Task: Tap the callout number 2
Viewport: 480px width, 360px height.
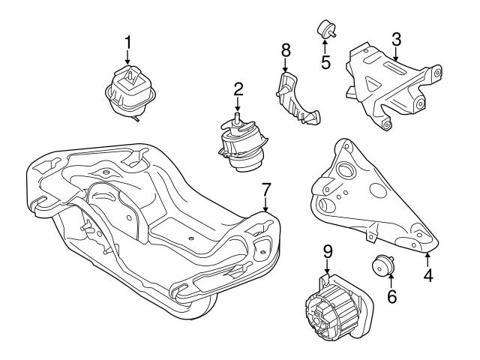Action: (x=238, y=89)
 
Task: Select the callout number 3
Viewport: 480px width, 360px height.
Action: (x=396, y=37)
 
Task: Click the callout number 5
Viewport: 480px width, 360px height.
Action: (x=326, y=61)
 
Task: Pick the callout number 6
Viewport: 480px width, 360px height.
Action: (x=391, y=297)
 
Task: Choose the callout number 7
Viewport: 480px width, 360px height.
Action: (x=265, y=187)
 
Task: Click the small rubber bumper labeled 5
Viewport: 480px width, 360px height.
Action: (x=326, y=29)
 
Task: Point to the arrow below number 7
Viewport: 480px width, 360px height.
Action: (x=265, y=204)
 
